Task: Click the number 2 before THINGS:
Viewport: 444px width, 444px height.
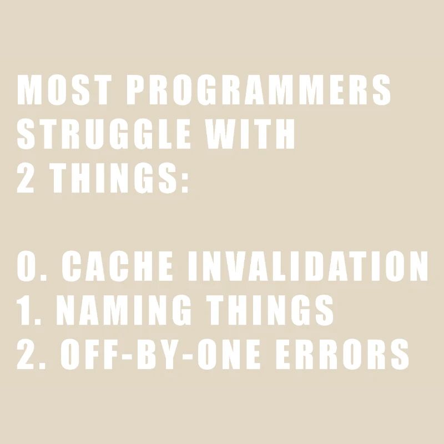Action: pos(26,179)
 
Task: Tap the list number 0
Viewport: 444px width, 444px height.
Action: pos(26,266)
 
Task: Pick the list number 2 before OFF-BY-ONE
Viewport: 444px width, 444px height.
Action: pos(26,355)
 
